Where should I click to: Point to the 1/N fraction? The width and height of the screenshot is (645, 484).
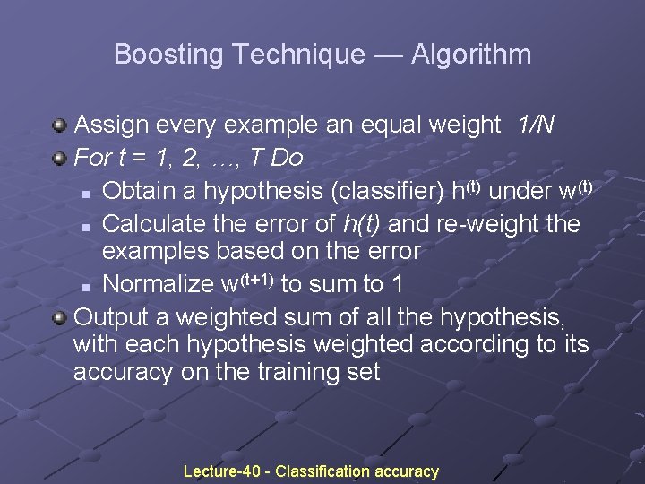click(x=536, y=125)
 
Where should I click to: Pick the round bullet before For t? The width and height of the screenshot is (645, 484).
click(x=60, y=159)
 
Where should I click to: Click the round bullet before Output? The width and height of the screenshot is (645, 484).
click(x=60, y=315)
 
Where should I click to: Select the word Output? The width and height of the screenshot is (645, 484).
click(x=111, y=315)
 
